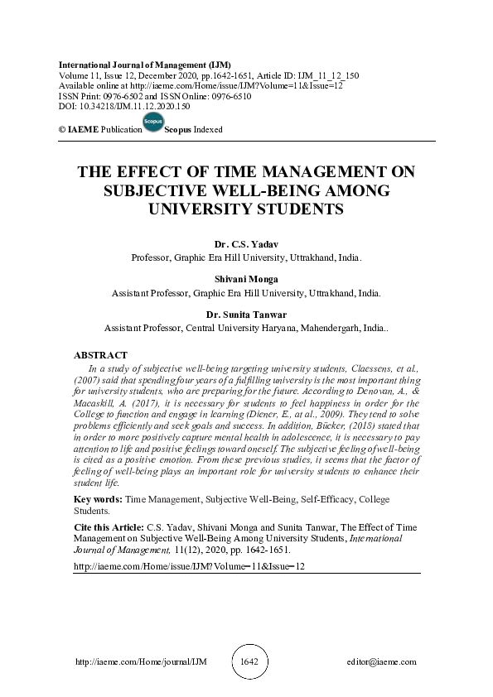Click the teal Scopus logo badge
click(152, 123)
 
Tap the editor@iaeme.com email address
click(382, 662)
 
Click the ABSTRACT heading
click(100, 354)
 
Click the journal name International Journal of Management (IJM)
click(144, 65)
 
